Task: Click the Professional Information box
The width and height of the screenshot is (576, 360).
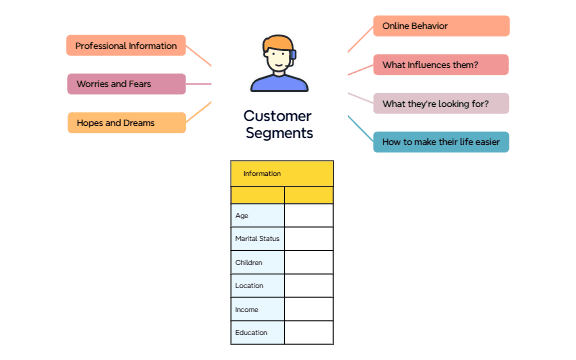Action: pos(126,45)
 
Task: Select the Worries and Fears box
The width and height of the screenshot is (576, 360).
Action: pos(126,84)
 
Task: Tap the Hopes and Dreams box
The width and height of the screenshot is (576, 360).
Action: pos(126,123)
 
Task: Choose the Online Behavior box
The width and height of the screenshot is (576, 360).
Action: pos(441,26)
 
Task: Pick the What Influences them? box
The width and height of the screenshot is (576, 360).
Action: pos(441,65)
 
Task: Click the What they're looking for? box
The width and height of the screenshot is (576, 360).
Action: pos(441,103)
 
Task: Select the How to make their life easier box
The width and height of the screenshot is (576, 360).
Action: pos(441,142)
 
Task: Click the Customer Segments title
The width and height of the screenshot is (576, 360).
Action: pos(277,124)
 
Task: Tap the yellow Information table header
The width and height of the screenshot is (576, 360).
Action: pos(282,173)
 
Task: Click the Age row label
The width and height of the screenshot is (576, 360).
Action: pos(257,215)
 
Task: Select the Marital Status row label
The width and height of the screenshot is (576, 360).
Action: pos(257,239)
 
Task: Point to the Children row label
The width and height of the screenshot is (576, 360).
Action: pos(257,262)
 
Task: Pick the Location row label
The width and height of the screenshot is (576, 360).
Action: pos(257,285)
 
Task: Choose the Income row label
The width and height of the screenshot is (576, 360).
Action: pos(257,309)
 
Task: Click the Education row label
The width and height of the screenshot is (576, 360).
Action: pos(257,332)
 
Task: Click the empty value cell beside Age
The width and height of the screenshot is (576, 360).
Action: pos(309,215)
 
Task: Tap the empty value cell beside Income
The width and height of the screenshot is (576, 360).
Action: pos(309,309)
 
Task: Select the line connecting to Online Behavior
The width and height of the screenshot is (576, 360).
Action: pos(360,38)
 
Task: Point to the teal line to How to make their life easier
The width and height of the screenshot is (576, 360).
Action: pos(360,128)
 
